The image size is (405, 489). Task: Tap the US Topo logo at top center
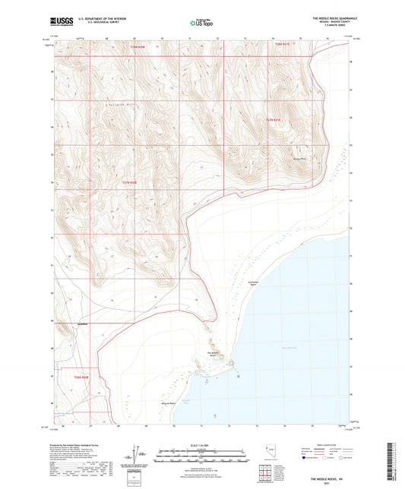[201, 24]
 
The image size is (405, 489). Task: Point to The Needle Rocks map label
[214, 354]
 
